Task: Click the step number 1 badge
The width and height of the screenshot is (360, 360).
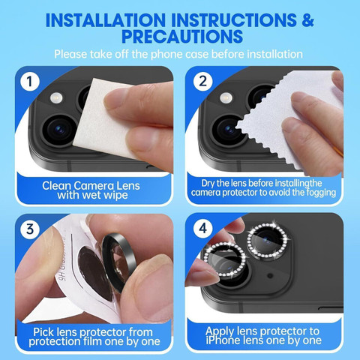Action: coord(30,82)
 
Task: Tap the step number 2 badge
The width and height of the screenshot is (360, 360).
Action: coord(202,81)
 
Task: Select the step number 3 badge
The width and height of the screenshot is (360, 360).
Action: coord(30,229)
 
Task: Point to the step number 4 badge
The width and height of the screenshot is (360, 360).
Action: coord(202,228)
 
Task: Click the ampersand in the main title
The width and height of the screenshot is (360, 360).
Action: coord(307,20)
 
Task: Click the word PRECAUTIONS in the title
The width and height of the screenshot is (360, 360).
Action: coord(182,37)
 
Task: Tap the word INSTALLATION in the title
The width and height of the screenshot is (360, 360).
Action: coord(106,20)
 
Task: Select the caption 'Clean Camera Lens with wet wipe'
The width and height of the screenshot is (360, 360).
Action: coord(91,190)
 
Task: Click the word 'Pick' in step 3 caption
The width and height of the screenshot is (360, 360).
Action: coord(43,332)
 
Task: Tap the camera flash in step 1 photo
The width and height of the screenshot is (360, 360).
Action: coord(56,97)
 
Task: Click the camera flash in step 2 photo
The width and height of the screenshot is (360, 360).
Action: coord(226,97)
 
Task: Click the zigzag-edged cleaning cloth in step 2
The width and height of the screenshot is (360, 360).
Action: coord(287,118)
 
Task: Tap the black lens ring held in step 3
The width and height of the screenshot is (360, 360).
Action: coord(118,262)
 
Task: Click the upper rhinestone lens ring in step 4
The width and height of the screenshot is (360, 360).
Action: coord(268,239)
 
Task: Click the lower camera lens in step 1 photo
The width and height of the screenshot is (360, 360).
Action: coord(59,130)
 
